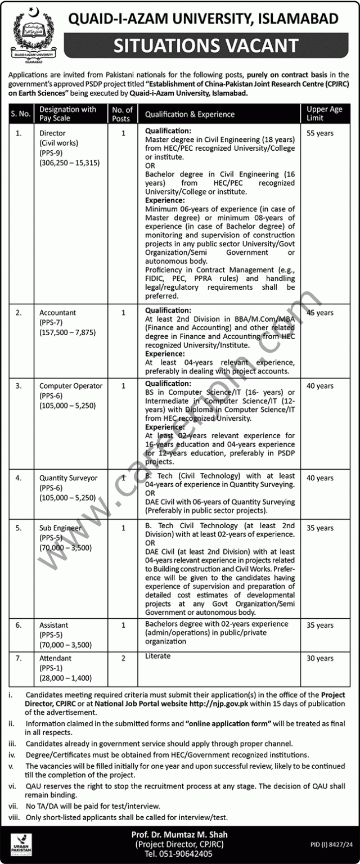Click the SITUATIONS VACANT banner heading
pyautogui.click(x=206, y=45)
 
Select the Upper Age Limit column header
pyautogui.click(x=324, y=114)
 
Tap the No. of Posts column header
pyautogui.click(x=122, y=114)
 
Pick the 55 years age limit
pyautogui.click(x=320, y=133)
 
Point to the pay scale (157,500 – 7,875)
pyautogui.click(x=67, y=332)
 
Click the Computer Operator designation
pyautogui.click(x=71, y=386)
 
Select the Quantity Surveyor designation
pyautogui.click(x=68, y=478)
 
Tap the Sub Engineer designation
pyautogui.click(x=60, y=528)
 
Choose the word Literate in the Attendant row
pyautogui.click(x=157, y=656)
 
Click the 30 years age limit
pyautogui.click(x=320, y=658)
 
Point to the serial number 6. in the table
pyautogui.click(x=19, y=625)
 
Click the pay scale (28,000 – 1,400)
pyautogui.click(x=65, y=678)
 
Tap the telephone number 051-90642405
pyautogui.click(x=179, y=854)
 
